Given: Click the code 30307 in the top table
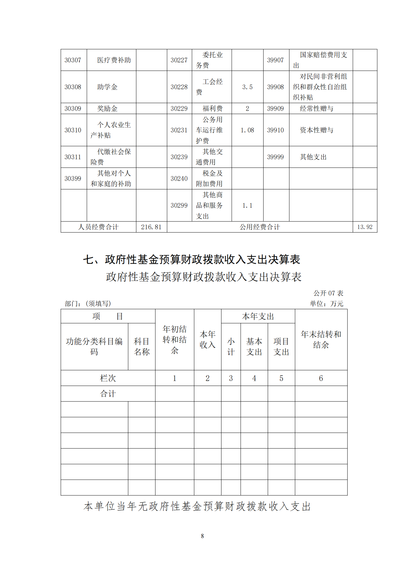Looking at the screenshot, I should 73,60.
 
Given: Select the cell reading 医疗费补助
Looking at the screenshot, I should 114,60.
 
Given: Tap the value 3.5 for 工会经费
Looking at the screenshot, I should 247,87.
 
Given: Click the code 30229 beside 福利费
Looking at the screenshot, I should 179,109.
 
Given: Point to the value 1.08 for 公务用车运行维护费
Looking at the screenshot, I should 247,130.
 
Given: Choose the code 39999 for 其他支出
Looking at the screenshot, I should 276,157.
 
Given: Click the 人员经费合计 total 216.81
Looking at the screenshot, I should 151,227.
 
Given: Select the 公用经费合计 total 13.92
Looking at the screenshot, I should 365,227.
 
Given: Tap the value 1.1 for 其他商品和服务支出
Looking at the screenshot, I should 247,205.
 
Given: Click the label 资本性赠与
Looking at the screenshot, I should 316,130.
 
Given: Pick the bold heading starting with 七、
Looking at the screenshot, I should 192,259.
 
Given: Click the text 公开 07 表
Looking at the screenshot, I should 328,293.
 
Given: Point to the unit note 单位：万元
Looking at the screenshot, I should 326,304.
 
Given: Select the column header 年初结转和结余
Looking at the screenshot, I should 174,340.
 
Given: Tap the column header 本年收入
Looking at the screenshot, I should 207,340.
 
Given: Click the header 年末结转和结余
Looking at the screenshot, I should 321,340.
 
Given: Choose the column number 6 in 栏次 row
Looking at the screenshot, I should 321,378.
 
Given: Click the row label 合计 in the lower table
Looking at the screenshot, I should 108,394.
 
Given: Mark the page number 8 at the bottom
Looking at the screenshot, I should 202,536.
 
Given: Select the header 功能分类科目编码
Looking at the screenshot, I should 94,346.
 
